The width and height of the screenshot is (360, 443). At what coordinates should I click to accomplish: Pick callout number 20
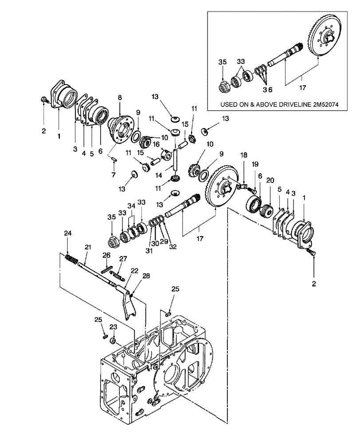(270, 181)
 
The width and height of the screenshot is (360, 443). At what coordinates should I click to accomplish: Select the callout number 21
(87, 246)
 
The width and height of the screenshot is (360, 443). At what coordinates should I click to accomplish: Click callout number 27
(123, 258)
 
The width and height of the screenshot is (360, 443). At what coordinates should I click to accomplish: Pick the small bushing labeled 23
(113, 341)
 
